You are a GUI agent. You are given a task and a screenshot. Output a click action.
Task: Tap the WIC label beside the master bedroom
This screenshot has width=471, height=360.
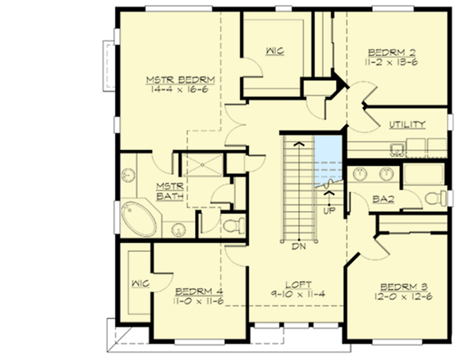click(275, 50)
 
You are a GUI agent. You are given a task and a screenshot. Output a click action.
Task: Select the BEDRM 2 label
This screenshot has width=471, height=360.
click(392, 52)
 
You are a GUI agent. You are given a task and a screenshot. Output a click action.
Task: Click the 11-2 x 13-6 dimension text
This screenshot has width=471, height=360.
click(393, 62)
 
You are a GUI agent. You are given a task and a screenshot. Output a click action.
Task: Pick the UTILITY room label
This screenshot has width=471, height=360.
click(407, 124)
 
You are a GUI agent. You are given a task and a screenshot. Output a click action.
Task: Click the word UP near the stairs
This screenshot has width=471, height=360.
click(330, 211)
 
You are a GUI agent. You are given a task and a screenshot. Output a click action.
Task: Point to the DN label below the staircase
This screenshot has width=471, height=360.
click(299, 246)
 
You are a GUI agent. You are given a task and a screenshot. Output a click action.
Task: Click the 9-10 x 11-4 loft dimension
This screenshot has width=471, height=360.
click(297, 295)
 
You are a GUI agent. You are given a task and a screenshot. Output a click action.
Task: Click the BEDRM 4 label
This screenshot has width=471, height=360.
click(199, 291)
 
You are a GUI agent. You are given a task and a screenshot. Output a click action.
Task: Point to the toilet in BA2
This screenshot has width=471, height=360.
click(435, 198)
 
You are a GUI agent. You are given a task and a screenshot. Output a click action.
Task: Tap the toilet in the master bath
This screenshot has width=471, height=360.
click(231, 224)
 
